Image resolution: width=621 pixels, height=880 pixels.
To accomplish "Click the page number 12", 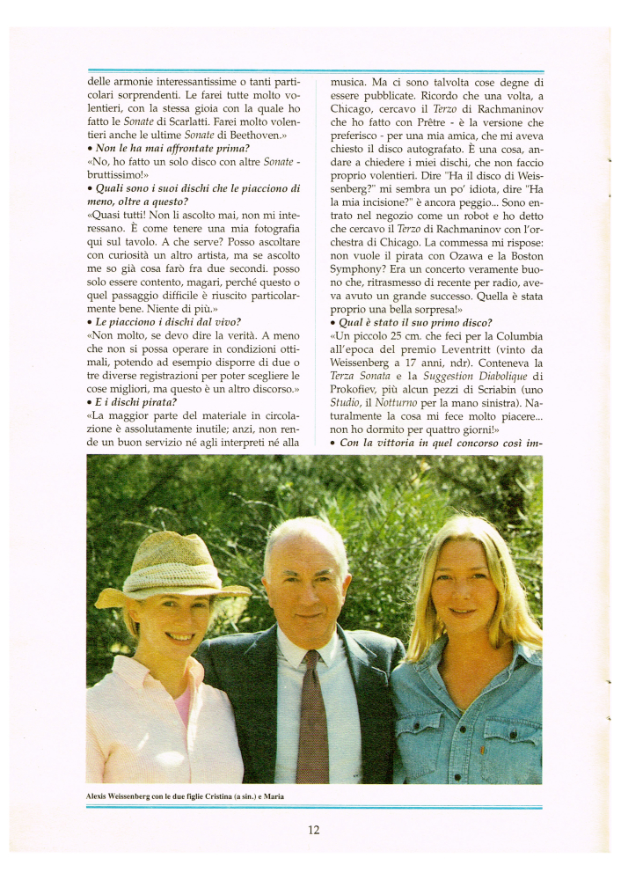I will (x=313, y=829).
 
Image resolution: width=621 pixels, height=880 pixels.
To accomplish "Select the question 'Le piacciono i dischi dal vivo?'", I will (x=164, y=321).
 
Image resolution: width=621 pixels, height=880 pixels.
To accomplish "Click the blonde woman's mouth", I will (x=463, y=612).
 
